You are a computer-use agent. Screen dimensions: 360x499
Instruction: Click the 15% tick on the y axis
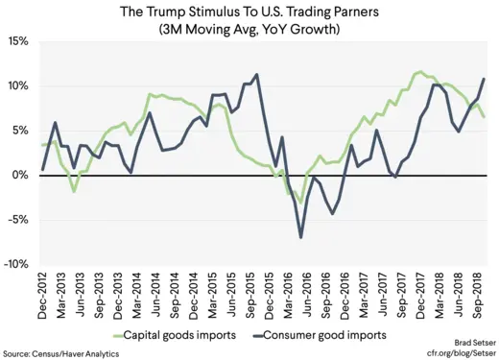pyautogui.click(x=19, y=42)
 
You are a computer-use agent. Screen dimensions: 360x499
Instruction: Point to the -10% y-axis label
pyautogui.click(x=17, y=264)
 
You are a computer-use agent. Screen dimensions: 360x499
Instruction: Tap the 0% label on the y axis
pyautogui.click(x=22, y=175)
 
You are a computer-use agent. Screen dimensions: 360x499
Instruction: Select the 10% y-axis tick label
pyautogui.click(x=19, y=86)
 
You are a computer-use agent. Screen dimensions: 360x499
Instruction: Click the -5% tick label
pyautogui.click(x=20, y=220)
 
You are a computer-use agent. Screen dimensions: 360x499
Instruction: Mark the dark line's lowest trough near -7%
pyautogui.click(x=301, y=237)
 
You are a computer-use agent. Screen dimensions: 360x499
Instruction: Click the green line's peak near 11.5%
pyautogui.click(x=418, y=72)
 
